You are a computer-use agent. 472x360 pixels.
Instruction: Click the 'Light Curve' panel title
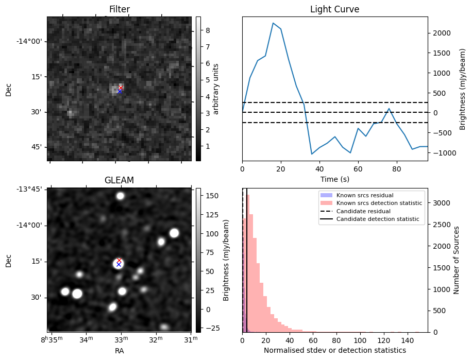[x=334, y=10]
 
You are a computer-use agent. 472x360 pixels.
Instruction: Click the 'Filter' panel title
[x=119, y=10]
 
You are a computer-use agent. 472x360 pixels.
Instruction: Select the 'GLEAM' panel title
[x=119, y=180]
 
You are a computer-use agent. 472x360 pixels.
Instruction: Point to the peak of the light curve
[x=273, y=23]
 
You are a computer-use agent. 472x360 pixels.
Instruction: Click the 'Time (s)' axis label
[x=334, y=179]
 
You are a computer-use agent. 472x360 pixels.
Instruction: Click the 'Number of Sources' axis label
[x=456, y=260]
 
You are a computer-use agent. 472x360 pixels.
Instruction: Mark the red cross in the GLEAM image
[x=119, y=261]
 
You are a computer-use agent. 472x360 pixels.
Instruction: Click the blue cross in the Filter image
[x=120, y=91]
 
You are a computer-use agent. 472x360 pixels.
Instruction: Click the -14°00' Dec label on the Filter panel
[x=32, y=42]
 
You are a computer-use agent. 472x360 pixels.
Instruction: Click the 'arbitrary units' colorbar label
[x=216, y=89]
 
